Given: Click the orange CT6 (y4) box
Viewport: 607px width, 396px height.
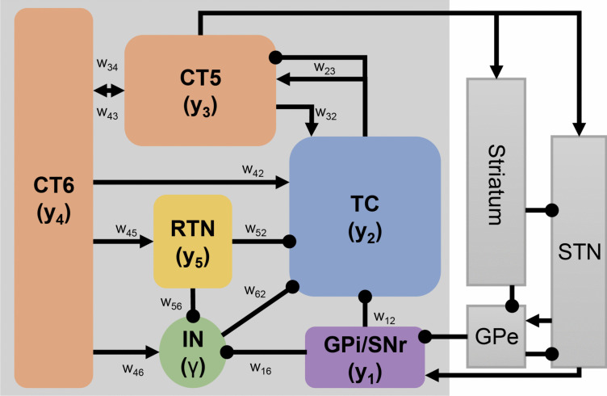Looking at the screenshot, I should tap(53, 198).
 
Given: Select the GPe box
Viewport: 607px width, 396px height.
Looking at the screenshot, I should tap(496, 334).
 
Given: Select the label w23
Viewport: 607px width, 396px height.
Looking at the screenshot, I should tap(325, 69).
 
